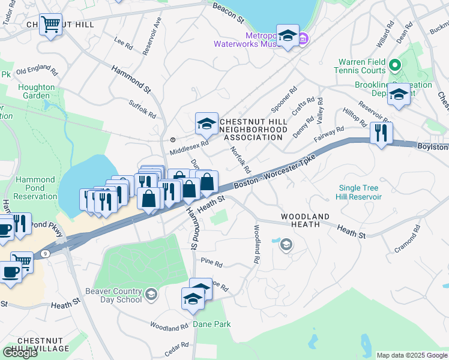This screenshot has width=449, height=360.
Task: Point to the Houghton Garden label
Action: click(37, 91)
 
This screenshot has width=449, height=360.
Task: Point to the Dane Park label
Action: click(212, 324)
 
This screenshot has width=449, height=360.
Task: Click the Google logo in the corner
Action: click(20, 353)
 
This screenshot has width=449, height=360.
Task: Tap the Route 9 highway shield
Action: click(45, 254)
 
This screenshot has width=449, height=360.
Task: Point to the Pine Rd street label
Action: click(212, 263)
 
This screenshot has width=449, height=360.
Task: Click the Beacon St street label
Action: click(228, 12)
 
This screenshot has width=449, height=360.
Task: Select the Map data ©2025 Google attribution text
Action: click(411, 355)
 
